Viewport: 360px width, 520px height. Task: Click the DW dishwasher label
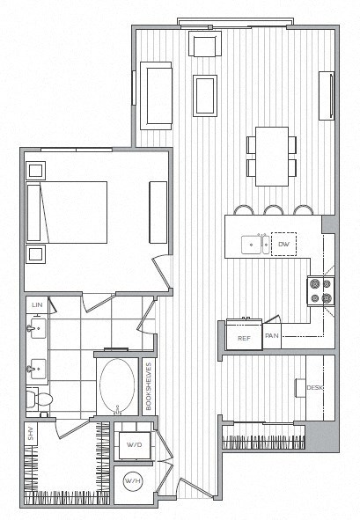click(283, 243)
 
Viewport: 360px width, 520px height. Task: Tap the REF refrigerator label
click(243, 337)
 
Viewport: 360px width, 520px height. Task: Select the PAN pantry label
click(272, 336)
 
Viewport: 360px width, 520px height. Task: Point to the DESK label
click(314, 388)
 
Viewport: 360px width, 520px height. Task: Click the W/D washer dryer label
click(135, 445)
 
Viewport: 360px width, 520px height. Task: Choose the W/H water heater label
click(133, 482)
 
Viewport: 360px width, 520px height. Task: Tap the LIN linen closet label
click(37, 304)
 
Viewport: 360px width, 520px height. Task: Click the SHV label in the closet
click(31, 433)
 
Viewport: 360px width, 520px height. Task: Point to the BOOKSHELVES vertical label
click(150, 388)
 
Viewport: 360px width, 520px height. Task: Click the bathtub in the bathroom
click(116, 388)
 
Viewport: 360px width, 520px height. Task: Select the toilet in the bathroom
click(40, 400)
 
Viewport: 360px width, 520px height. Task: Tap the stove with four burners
click(320, 289)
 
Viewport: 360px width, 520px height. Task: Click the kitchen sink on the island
click(256, 244)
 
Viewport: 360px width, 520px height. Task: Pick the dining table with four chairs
click(270, 155)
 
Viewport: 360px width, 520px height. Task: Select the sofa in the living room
click(155, 94)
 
